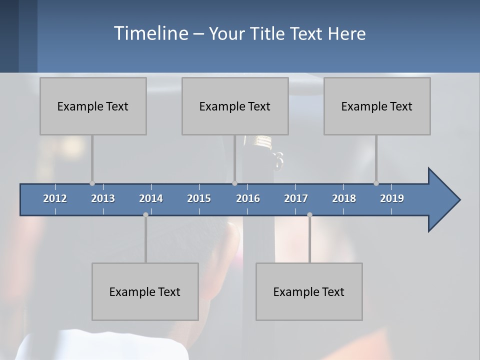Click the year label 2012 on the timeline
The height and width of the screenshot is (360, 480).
coord(55,198)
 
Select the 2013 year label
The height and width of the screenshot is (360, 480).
coord(103,198)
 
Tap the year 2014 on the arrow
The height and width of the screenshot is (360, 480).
coord(151,198)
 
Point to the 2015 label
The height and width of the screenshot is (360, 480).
coord(199,198)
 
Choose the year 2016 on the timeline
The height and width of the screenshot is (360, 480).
coord(248,198)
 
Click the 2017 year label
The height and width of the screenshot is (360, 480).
coord(296,198)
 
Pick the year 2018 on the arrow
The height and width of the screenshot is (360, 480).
coord(344,198)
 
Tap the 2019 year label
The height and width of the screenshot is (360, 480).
coord(392,198)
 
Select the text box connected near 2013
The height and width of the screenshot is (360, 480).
coord(93,106)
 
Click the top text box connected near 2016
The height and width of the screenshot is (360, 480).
coord(235,106)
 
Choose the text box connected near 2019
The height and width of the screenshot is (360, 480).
coord(377,106)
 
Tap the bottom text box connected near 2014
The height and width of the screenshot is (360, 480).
coord(145,291)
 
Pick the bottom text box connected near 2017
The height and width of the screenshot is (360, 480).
coord(309,291)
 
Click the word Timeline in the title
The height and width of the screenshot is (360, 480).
coord(150,33)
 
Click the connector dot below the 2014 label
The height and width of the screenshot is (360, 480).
coord(145,214)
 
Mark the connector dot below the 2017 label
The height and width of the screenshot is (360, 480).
coord(309,214)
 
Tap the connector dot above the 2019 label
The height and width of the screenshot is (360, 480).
coord(376,183)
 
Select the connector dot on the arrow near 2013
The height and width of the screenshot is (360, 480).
coord(92,183)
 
